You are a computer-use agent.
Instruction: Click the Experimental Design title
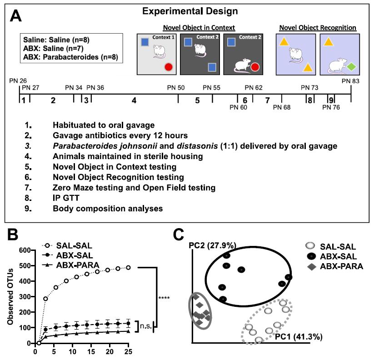(x=186, y=10)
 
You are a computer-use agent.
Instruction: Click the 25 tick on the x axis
(x=129, y=350)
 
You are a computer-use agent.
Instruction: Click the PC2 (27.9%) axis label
(x=212, y=245)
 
